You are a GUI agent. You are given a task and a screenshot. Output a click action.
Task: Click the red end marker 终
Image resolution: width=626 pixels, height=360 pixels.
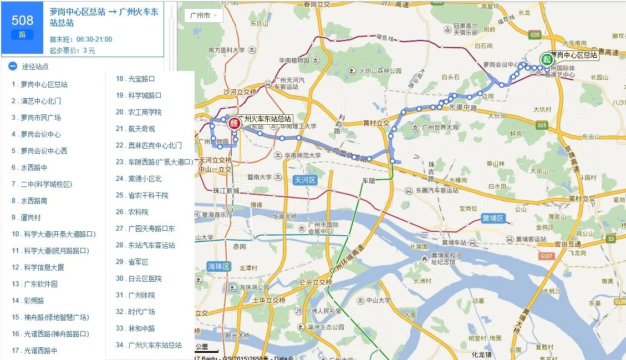233,123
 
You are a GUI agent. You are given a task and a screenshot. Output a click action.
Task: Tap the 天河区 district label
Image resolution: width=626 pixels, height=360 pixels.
304,180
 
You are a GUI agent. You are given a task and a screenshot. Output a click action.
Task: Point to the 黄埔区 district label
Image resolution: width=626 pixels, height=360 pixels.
492,219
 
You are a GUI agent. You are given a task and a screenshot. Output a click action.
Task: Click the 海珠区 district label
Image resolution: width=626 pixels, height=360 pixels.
218,266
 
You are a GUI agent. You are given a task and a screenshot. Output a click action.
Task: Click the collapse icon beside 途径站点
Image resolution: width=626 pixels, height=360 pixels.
13,66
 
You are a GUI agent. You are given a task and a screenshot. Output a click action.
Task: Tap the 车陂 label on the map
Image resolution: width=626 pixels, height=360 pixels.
369,181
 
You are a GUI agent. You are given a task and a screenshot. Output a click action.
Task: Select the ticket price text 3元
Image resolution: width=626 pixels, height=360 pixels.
89,50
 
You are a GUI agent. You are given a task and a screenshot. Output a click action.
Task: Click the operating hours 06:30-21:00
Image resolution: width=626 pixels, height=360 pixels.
94,39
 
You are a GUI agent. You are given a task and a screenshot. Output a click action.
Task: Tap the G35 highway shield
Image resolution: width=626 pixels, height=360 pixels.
535,35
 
